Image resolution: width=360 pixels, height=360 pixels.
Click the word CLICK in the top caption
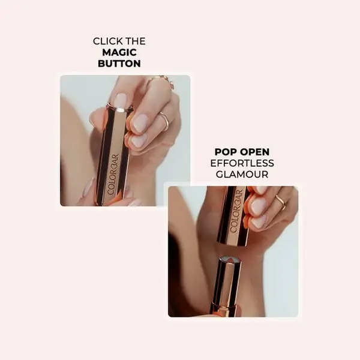108,41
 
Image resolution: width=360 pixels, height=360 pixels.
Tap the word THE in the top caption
136,41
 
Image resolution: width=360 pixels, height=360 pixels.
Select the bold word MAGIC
119,52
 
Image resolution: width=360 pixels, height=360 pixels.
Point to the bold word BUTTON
119,64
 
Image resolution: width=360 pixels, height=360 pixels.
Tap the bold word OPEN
256,152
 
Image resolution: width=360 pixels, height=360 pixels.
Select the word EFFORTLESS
242,163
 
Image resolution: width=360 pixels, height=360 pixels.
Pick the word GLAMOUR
242,174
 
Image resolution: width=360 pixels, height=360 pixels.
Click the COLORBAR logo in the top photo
113,175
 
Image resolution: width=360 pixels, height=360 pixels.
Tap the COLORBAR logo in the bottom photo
236,211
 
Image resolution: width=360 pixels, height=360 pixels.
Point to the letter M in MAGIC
107,52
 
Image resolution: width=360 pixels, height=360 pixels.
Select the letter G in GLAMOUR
220,174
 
